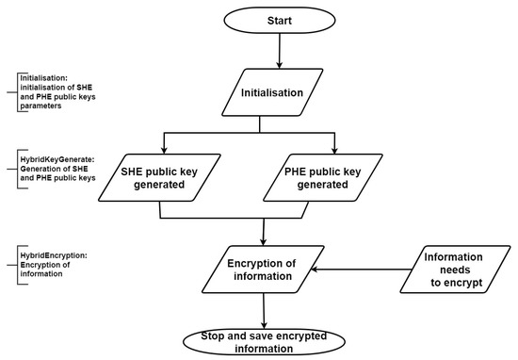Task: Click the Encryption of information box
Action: coord(264,270)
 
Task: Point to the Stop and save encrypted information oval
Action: coord(264,341)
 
